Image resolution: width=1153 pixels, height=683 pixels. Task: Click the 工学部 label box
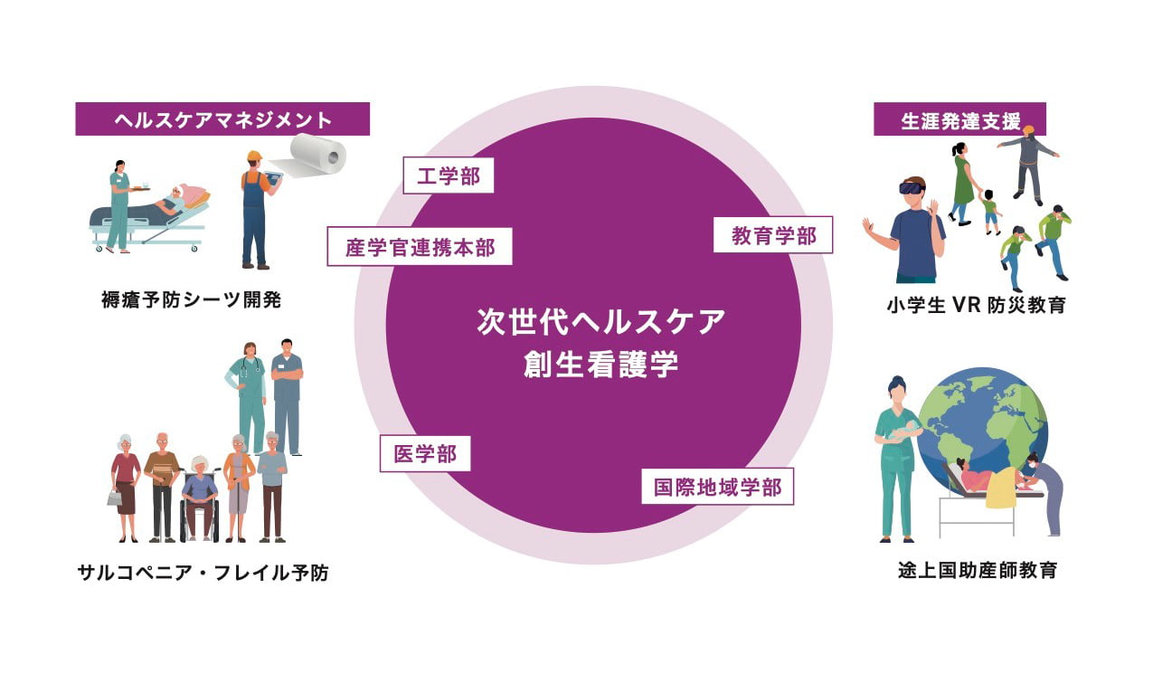449,175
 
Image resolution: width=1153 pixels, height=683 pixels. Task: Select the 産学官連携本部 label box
420,247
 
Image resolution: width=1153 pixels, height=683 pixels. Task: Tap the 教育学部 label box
773,236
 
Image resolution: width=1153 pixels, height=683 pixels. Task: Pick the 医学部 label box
425,454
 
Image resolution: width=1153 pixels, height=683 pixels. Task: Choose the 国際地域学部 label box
717,488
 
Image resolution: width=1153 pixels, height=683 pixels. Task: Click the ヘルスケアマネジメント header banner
222,119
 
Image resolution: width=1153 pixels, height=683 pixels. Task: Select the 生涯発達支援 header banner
959,119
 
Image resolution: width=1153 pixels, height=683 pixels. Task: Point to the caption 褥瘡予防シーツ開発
191,300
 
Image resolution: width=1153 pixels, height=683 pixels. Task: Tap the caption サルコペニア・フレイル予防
203,573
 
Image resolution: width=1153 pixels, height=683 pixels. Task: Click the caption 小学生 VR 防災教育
976,305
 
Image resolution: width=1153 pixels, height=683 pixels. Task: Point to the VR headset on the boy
912,188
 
